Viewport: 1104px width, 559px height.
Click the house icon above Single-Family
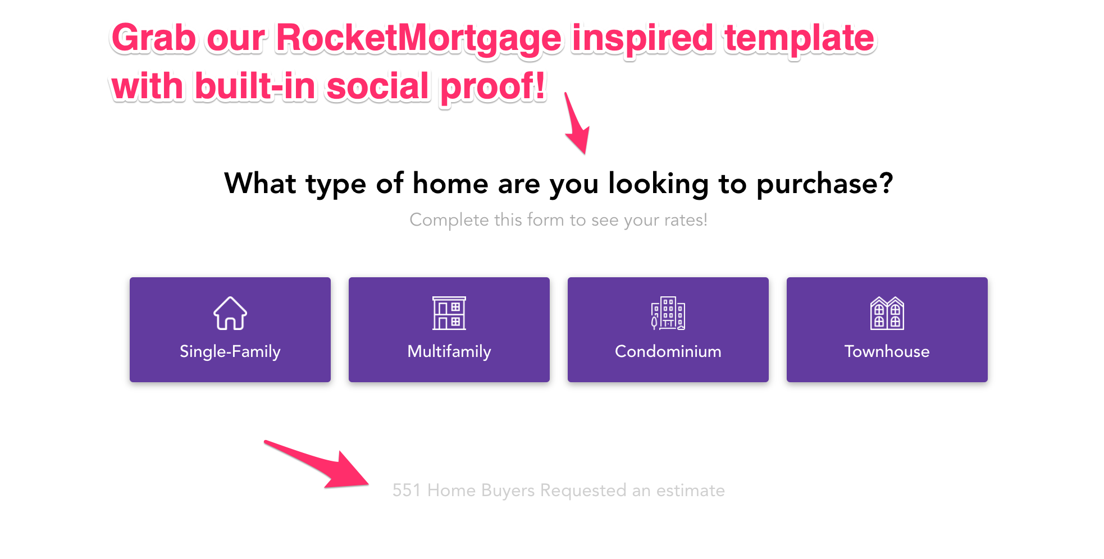coord(230,313)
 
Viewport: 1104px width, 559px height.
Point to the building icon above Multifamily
coord(449,313)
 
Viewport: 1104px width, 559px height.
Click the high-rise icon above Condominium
coord(668,313)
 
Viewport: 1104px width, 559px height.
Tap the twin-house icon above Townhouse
coord(887,313)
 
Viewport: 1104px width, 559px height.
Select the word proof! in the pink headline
coord(492,87)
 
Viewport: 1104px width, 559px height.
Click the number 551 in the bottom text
coord(407,491)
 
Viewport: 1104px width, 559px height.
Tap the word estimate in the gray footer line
coord(690,491)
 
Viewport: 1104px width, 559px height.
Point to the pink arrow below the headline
coord(577,126)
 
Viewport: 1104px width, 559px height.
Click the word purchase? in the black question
coord(824,184)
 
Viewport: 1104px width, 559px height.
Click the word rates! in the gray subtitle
coord(686,220)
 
